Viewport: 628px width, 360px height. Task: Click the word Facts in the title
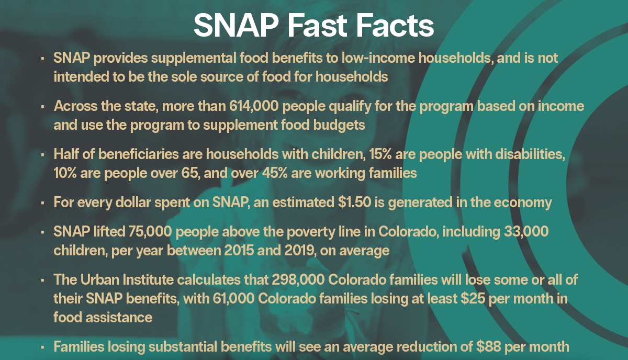[395, 25]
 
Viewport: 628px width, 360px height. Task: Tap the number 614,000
[254, 106]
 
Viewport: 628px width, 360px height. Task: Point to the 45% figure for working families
[275, 173]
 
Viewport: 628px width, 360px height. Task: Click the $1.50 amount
[354, 202]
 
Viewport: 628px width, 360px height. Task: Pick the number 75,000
[150, 232]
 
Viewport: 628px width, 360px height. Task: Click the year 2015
[239, 250]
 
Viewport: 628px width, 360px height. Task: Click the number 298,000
[298, 279]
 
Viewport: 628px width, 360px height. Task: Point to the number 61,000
[233, 298]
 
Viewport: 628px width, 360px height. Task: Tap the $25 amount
[473, 298]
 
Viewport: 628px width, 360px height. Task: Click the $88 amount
[488, 346]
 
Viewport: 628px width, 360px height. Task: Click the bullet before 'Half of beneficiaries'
[42, 154]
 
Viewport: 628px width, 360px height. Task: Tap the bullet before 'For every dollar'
[42, 203]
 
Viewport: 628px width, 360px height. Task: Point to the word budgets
[339, 125]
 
